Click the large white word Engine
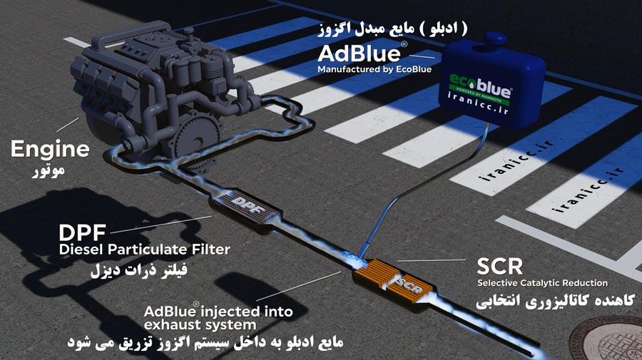(50, 150)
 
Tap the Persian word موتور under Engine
(49, 170)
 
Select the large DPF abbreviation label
(82, 233)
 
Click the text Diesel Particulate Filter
(145, 249)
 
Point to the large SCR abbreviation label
(500, 267)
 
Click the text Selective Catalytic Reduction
(543, 283)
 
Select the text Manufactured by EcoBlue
(374, 69)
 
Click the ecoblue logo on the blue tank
(480, 88)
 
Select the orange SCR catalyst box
(394, 282)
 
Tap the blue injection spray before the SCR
(351, 257)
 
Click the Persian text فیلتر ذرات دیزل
(139, 270)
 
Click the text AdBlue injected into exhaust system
(218, 318)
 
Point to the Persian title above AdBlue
(393, 29)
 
